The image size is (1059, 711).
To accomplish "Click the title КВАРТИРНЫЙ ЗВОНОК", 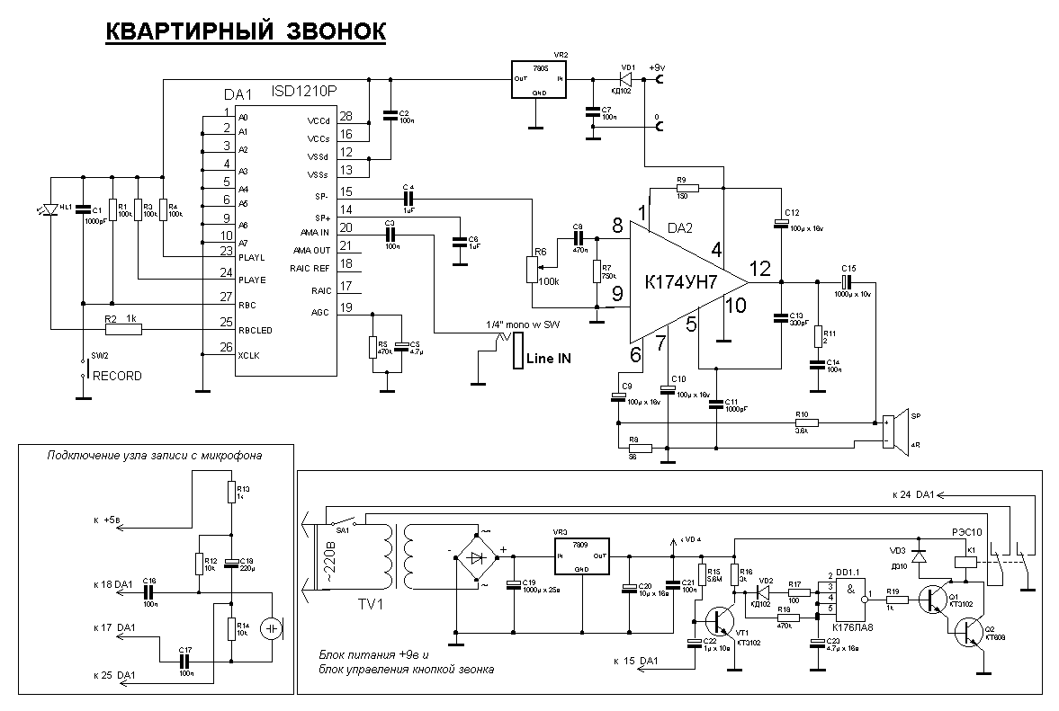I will (246, 32).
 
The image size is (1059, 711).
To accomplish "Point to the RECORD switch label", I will (117, 376).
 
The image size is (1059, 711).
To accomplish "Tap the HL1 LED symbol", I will (51, 209).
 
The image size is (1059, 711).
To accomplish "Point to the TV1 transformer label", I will (367, 603).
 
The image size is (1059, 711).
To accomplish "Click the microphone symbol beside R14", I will (271, 628).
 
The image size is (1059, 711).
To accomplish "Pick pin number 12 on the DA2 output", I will (759, 268).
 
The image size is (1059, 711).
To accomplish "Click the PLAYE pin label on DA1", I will (251, 280).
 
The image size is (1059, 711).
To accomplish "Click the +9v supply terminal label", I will (657, 67).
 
